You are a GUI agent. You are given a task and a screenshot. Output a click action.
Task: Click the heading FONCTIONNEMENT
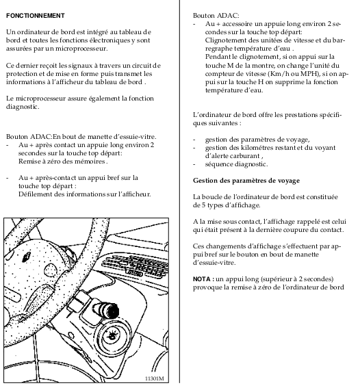tap(36, 16)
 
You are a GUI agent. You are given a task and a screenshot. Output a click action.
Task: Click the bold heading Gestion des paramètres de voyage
tap(246, 181)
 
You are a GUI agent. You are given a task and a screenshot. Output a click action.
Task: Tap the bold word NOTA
tap(201, 279)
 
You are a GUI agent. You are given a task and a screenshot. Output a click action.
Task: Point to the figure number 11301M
tap(155, 378)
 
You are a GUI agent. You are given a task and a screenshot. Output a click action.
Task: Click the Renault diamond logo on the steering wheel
tap(27, 257)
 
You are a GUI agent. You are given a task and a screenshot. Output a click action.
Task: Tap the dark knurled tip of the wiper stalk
tap(113, 311)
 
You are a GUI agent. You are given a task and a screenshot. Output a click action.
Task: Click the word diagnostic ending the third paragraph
tap(22, 107)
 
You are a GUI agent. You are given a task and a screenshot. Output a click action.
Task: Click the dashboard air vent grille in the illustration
tap(136, 266)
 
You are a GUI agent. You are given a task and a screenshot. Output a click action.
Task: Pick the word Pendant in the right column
tap(218, 57)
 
